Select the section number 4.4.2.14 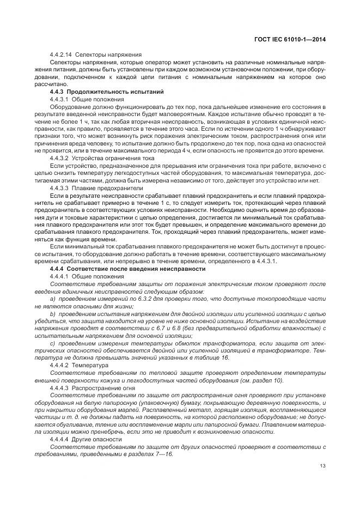61,54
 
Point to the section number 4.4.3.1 59,99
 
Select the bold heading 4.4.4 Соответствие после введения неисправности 127,269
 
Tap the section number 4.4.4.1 59,277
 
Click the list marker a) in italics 52,299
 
